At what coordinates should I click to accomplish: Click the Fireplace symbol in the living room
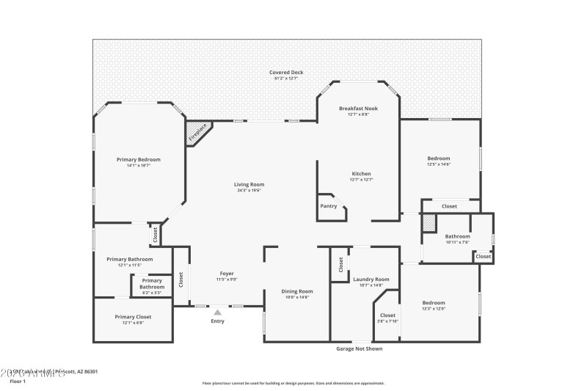pos(198,132)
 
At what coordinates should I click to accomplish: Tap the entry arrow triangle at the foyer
pos(217,312)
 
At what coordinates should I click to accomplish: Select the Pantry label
pos(328,206)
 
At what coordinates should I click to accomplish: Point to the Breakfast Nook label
pos(359,108)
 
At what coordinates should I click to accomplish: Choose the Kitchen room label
pos(361,174)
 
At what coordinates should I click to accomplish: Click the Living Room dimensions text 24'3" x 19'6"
pos(249,190)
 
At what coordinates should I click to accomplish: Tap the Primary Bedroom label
pos(139,159)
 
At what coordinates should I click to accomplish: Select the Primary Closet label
pos(133,317)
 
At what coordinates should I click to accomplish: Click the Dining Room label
pos(297,291)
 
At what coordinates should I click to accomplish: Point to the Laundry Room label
pos(371,279)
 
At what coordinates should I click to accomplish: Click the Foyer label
pos(227,274)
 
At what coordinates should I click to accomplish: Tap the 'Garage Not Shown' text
pos(359,348)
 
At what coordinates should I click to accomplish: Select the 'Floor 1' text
pos(17,381)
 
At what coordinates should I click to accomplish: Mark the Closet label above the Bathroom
pos(449,206)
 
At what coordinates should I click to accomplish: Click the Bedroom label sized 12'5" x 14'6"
pos(439,158)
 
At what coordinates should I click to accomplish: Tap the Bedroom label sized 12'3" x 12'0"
pos(433,302)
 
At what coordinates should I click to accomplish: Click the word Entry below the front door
pos(217,321)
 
